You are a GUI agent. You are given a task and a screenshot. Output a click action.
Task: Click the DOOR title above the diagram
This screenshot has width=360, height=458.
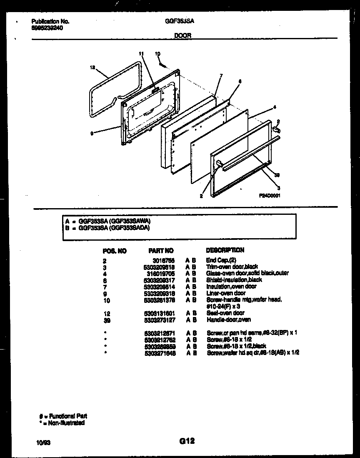182,36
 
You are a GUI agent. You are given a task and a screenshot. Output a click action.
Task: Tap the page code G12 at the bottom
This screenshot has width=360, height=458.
187,441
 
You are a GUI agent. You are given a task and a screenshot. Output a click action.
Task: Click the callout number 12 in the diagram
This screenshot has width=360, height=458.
92,67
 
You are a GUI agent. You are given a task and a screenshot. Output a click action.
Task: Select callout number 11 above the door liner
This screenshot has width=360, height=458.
141,53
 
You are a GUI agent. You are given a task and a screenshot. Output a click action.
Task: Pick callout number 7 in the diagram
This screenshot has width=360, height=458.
221,75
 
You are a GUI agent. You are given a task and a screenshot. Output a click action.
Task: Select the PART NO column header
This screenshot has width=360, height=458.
161,251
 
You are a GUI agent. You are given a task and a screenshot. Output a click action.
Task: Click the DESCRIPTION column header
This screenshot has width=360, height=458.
225,250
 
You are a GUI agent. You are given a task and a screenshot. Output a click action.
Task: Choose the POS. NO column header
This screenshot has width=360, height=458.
114,251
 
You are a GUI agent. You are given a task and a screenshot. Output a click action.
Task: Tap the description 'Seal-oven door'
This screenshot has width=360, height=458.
225,313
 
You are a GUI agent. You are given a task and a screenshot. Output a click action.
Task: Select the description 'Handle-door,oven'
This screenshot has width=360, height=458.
229,320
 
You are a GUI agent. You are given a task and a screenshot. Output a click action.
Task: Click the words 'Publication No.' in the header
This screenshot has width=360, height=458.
50,21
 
